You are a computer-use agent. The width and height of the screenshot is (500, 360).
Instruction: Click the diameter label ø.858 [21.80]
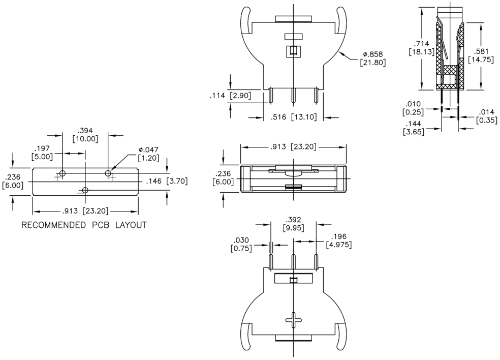pos(372,58)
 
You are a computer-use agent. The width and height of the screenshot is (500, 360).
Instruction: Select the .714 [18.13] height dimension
pos(422,48)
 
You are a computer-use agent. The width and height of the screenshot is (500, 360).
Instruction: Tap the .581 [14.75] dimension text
pos(481,55)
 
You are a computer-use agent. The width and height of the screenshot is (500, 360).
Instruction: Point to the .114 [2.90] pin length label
pos(230,96)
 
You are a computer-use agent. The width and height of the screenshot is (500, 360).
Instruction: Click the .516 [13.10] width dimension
pos(293,117)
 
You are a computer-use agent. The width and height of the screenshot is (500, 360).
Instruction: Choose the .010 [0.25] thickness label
pos(413,108)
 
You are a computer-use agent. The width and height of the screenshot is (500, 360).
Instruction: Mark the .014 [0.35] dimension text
pos(487,116)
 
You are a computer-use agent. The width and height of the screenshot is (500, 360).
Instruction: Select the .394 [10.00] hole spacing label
pos(85,135)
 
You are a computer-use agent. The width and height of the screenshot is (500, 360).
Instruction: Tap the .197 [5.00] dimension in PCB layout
pos(42,153)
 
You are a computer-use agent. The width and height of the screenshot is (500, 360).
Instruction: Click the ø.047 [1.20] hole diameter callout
pos(148,154)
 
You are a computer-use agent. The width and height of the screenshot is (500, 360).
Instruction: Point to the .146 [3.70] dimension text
pos(167,182)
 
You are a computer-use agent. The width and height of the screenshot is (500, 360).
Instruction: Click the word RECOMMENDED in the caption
pos(53,225)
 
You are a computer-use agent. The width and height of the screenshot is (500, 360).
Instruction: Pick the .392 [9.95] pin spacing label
pos(293,224)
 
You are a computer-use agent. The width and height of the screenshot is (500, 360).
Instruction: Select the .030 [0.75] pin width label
pos(241,244)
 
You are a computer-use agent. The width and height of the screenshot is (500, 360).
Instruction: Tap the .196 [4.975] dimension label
pos(338,241)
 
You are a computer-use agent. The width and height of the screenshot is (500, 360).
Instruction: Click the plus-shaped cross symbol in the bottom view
pos(293,320)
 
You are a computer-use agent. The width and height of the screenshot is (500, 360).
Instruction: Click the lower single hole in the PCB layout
pos(85,190)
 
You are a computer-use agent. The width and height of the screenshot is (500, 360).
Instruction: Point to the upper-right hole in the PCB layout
pos(108,173)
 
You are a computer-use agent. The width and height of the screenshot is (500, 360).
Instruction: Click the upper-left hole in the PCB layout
pos(63,173)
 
